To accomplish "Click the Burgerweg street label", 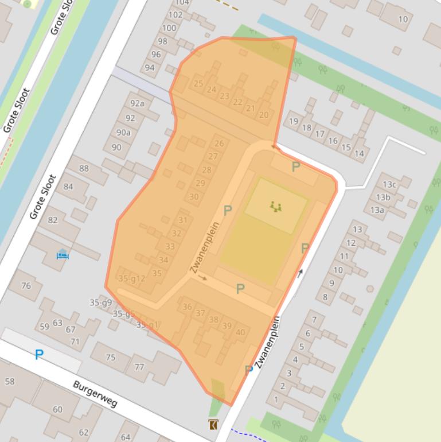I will (95, 394).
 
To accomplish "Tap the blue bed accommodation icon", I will (63, 254).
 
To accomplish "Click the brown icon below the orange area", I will (213, 425).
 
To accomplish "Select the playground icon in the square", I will (276, 206).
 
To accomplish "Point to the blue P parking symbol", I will (38, 355).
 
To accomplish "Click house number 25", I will (198, 84).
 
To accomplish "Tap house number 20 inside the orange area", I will (264, 115).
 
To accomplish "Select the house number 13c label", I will (390, 184).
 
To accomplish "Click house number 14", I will (359, 153).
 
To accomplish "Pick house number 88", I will (84, 168).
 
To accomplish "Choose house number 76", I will (26, 285).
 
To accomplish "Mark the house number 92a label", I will (138, 104).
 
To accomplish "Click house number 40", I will (240, 332).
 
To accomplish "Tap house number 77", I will (139, 367).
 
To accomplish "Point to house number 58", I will (9, 381).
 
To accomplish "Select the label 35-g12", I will (132, 279).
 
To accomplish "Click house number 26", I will (219, 144).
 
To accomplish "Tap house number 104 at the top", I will (182, 3).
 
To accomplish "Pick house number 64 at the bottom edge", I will (126, 437).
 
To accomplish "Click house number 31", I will (183, 220).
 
